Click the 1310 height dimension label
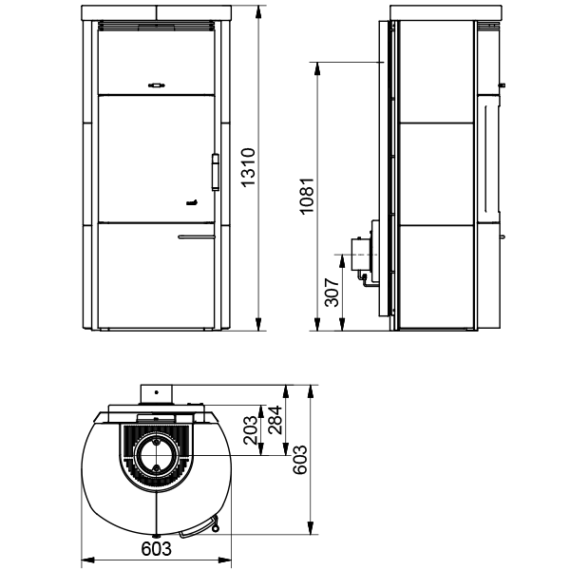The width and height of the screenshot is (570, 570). [x=249, y=167]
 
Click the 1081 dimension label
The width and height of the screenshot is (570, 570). [x=308, y=197]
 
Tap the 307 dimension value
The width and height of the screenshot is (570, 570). [x=332, y=293]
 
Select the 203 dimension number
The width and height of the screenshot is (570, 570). [x=251, y=430]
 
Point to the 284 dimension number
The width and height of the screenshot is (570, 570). [x=275, y=420]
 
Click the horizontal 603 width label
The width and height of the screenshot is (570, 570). [x=156, y=549]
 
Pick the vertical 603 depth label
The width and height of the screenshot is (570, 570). [x=300, y=460]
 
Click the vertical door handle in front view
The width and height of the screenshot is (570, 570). [x=216, y=172]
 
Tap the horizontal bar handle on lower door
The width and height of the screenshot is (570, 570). [x=197, y=237]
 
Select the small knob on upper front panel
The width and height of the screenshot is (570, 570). [x=157, y=85]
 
